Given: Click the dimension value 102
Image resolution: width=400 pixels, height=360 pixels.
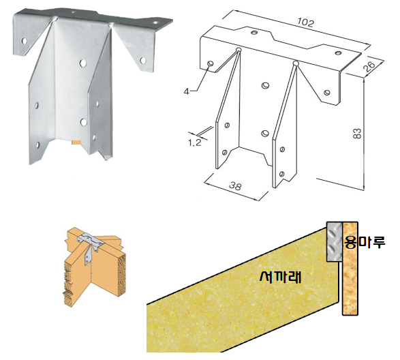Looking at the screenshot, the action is [x=305, y=22].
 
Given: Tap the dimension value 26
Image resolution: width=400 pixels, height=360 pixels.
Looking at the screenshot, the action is [x=370, y=66].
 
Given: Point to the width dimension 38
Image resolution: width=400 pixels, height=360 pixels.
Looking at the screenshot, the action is [x=235, y=186].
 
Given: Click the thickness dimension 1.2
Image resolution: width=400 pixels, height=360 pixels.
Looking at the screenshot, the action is [x=195, y=142].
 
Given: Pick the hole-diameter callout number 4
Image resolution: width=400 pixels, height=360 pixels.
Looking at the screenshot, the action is [x=187, y=91].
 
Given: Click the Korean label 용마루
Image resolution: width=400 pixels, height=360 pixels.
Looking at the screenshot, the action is [x=365, y=242].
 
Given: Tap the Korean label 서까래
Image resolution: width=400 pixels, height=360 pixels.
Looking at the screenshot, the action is [x=280, y=276].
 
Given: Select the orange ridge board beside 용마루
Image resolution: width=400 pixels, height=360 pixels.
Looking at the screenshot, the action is [x=350, y=269].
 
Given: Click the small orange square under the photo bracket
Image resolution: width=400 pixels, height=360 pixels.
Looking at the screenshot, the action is [x=76, y=142].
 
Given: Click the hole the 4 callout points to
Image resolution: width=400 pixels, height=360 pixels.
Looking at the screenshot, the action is [x=211, y=63].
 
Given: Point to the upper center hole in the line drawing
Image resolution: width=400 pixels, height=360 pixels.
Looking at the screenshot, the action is [x=265, y=85].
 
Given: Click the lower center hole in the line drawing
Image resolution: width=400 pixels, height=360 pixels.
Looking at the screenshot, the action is [x=265, y=133].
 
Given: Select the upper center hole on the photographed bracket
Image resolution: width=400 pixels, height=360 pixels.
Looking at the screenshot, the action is [x=82, y=63].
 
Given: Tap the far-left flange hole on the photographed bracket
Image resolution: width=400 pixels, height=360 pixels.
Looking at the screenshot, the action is [x=25, y=41].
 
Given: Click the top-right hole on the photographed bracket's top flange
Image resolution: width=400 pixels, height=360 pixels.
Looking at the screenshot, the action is [x=155, y=22].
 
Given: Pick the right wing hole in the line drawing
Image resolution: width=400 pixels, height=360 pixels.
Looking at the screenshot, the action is [x=327, y=93].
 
